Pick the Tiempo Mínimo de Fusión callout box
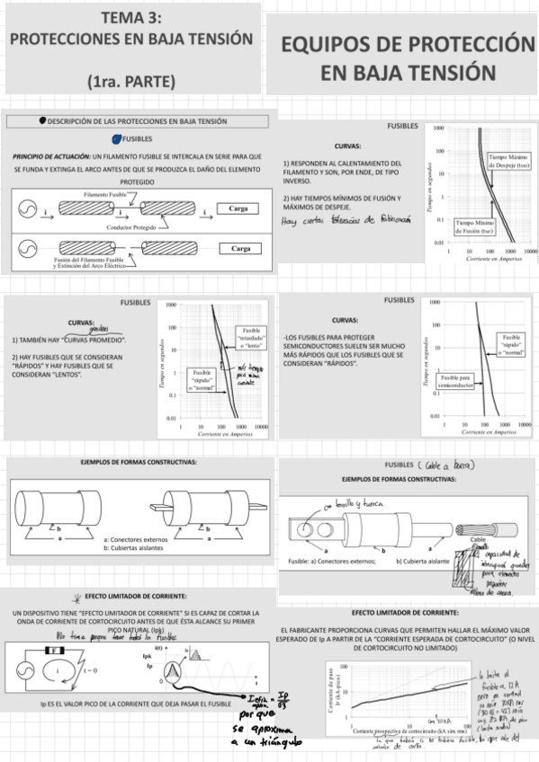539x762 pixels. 473,226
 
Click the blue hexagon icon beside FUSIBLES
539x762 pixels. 116,138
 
